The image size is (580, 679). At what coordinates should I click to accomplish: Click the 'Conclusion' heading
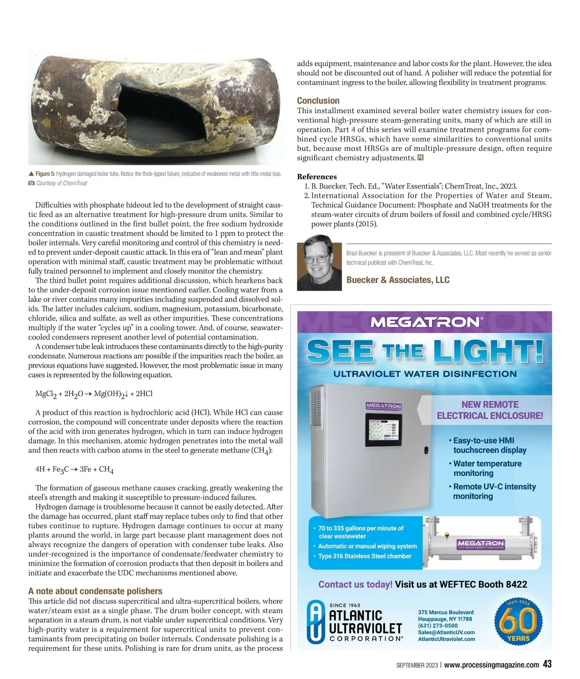[x=318, y=101]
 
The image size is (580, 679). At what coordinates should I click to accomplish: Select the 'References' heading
[x=317, y=176]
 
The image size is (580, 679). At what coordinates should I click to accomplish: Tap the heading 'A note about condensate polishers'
[x=95, y=591]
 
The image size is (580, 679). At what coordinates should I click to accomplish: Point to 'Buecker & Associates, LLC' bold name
[x=398, y=280]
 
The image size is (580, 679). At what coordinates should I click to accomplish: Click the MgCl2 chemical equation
[x=94, y=394]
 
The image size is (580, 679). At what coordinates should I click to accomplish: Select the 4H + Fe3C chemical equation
[x=74, y=469]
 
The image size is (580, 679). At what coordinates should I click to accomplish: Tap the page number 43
[x=547, y=664]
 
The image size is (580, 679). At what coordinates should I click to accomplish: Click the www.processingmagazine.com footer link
[x=492, y=665]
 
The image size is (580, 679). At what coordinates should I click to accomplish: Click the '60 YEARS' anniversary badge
[x=518, y=621]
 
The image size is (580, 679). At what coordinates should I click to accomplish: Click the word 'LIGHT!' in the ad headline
[x=488, y=351]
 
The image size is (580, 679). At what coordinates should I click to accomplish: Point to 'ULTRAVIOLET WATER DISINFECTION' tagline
[x=425, y=374]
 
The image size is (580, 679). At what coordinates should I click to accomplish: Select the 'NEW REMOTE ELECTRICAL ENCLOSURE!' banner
[x=490, y=410]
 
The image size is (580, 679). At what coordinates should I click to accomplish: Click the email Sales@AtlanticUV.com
[x=446, y=632]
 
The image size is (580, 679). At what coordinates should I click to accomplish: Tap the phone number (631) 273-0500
[x=438, y=625]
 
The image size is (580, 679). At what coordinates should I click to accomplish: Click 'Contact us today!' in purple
[x=355, y=584]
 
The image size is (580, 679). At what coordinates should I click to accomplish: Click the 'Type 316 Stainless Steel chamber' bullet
[x=364, y=556]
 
